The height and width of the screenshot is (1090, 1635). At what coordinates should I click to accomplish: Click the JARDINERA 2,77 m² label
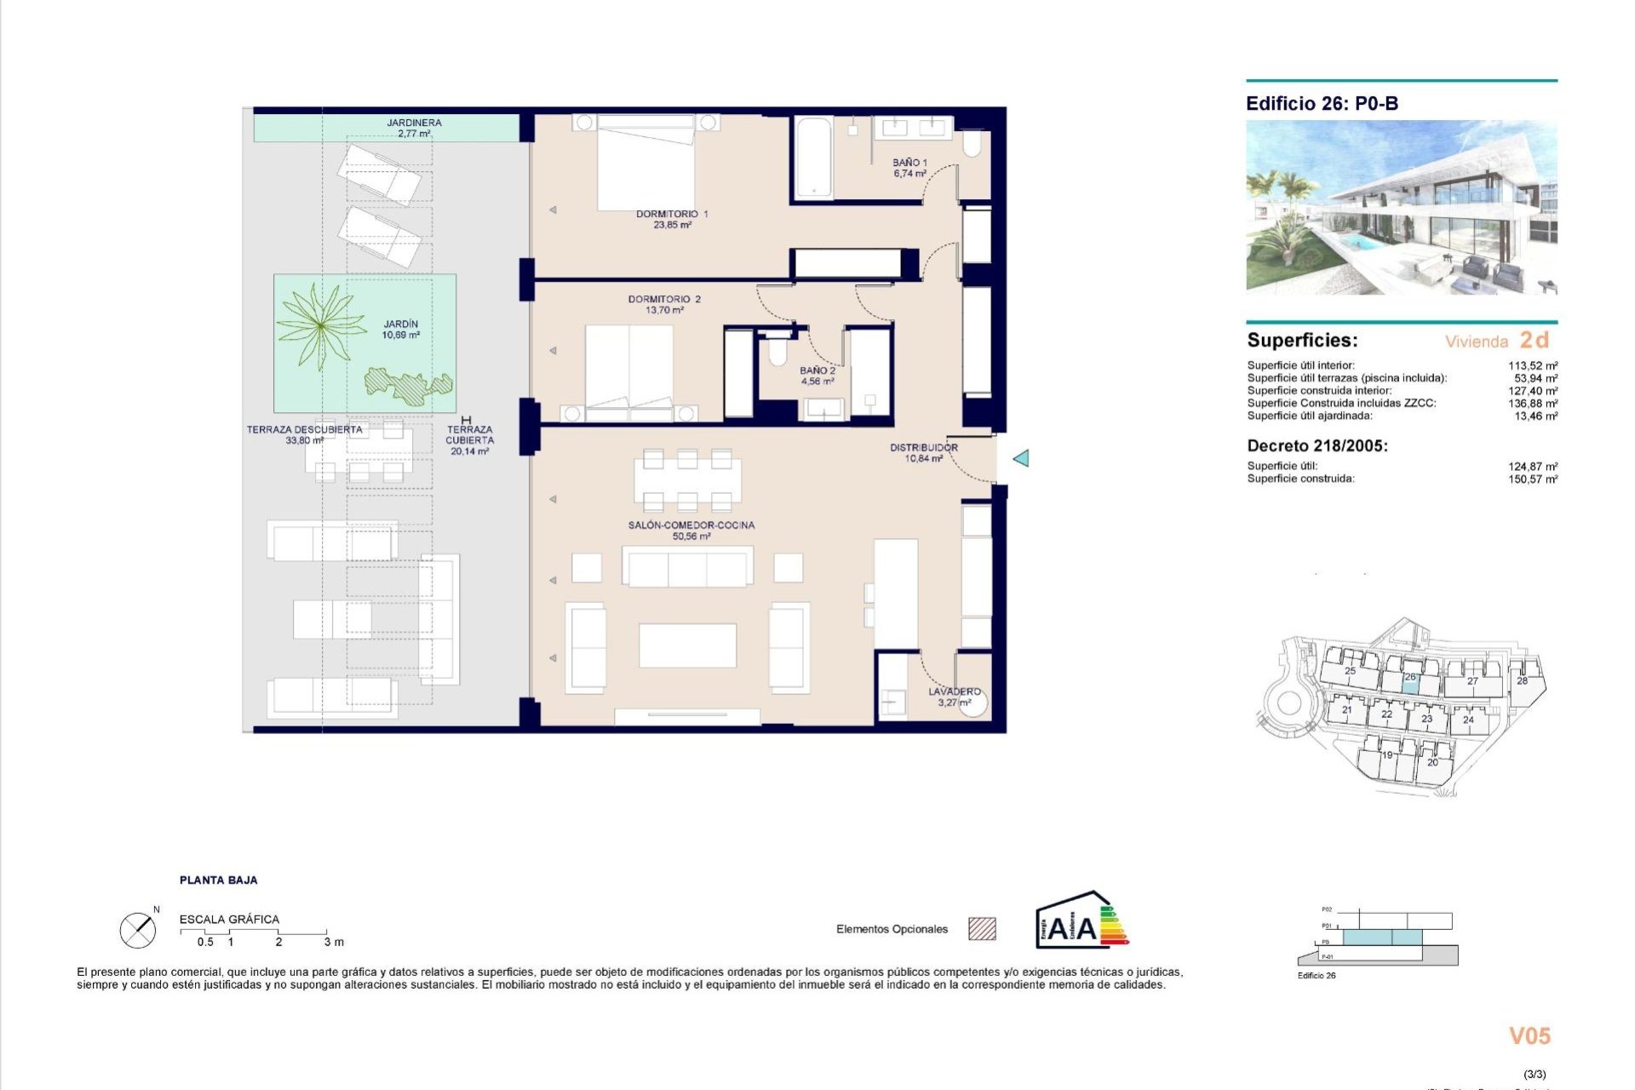414,128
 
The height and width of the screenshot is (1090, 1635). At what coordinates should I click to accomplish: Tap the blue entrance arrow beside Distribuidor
1021,458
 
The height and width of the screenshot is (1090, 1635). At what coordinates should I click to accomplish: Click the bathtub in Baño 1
813,158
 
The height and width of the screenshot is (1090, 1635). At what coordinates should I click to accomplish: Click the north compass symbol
137,930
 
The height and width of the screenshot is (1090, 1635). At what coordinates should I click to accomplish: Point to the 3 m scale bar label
334,942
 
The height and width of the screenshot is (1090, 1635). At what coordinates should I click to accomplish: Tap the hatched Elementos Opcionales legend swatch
982,929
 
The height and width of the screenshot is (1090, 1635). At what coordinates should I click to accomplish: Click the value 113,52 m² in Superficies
1532,365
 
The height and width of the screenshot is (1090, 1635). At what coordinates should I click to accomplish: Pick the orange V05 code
1529,1035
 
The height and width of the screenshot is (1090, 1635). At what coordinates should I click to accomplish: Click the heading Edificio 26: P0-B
1322,104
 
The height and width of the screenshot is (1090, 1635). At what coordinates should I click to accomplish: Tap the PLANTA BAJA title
218,881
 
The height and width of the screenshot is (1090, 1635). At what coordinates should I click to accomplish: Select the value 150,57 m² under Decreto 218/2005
1532,479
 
